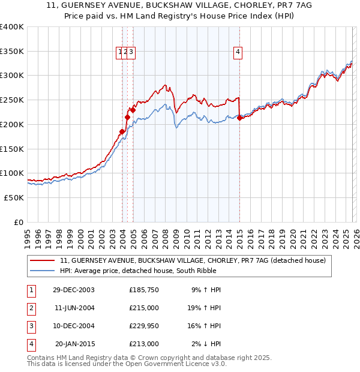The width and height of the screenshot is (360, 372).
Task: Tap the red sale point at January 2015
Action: pos(240,118)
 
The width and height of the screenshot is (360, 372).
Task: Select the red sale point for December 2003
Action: pos(122,131)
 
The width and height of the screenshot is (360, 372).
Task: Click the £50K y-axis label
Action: pos(14,197)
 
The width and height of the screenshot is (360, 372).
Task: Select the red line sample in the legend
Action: pos(43,261)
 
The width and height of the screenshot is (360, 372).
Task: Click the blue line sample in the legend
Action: pos(43,271)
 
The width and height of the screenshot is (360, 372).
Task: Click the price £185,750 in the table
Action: pos(144,290)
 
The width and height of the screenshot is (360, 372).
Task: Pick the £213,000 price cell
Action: pos(144,344)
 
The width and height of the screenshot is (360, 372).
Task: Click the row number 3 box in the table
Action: pos(31,326)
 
